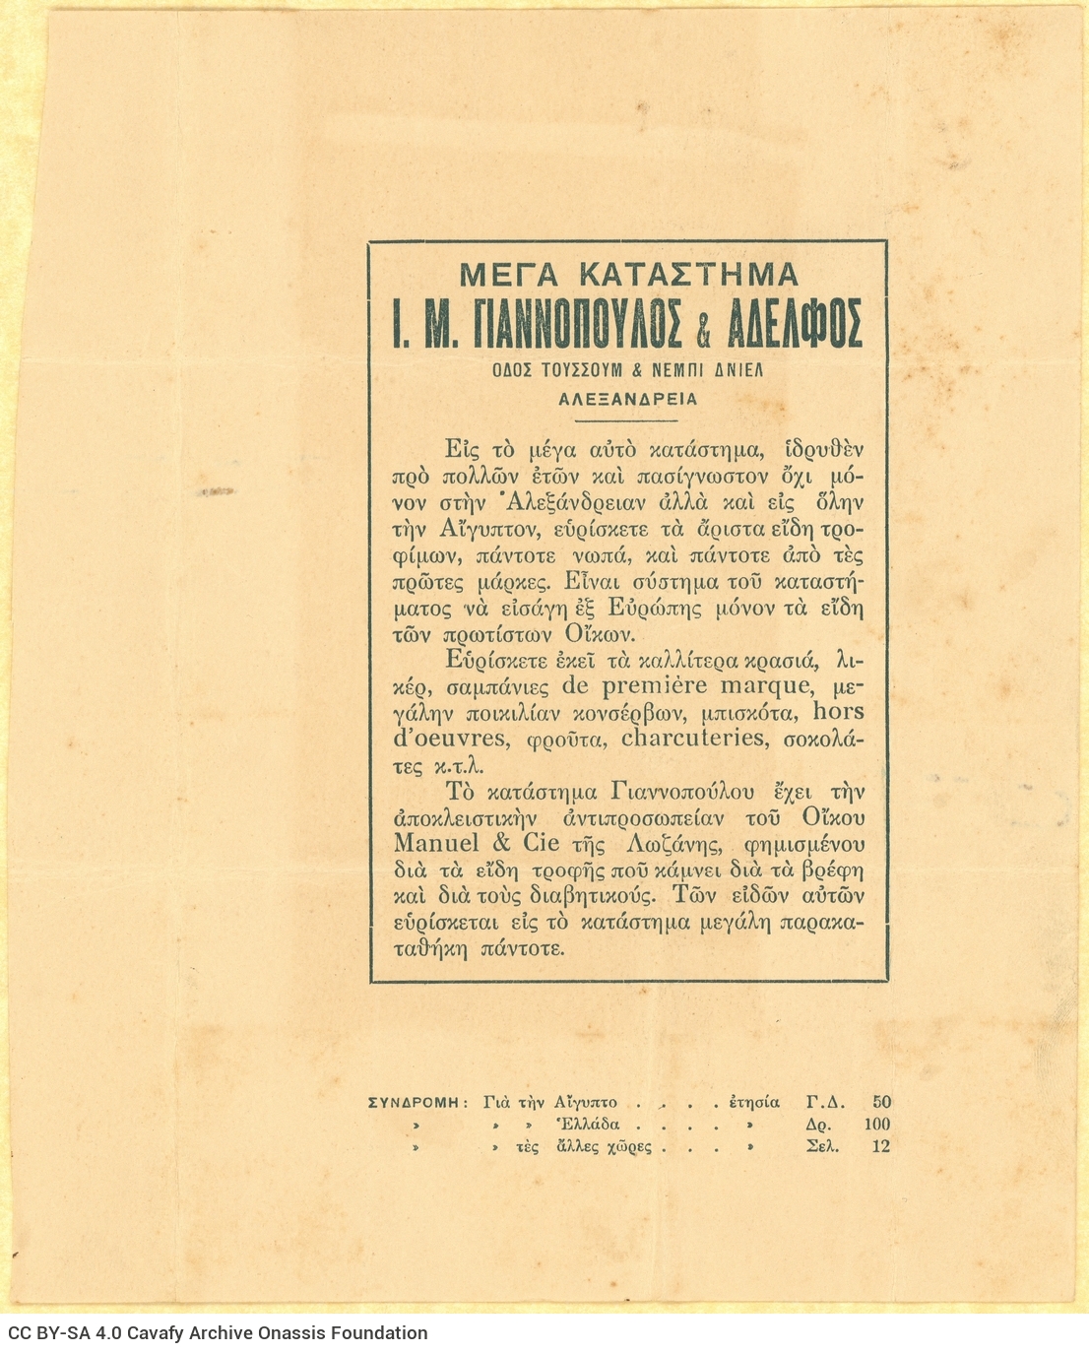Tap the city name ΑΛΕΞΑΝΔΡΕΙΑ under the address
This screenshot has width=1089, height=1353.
[x=628, y=399]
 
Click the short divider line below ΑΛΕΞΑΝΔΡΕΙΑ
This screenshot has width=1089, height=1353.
[x=628, y=419]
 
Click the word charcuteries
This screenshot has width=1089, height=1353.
[x=693, y=738]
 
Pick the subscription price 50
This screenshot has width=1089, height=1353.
[x=881, y=1102]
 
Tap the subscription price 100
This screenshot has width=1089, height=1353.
[x=876, y=1125]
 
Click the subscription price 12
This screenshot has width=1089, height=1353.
[x=880, y=1146]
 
